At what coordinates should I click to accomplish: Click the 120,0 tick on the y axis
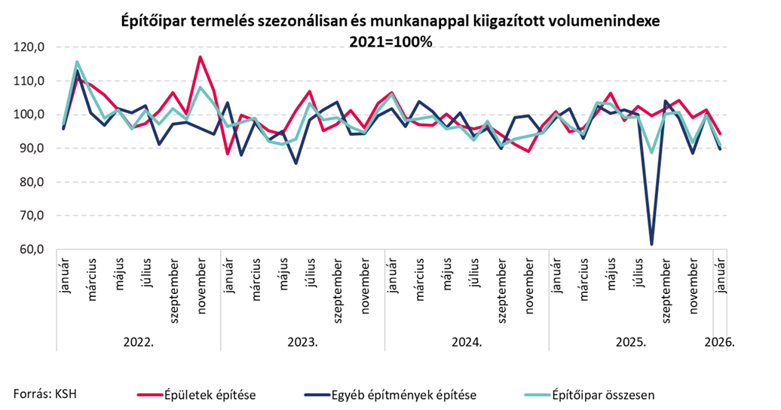[31, 47]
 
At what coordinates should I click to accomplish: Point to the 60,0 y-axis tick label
[31, 249]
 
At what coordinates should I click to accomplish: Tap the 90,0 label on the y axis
[31, 148]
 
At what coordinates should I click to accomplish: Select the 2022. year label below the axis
[138, 341]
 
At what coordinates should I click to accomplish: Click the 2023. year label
[302, 341]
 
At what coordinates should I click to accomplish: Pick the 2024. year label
[467, 341]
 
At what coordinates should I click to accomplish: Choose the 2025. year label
[631, 341]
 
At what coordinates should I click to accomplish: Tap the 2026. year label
[719, 341]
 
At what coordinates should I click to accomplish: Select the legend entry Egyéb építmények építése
[403, 393]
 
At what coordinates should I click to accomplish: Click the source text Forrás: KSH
[45, 393]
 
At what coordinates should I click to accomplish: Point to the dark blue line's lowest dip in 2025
[652, 243]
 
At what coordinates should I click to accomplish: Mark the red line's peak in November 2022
[200, 57]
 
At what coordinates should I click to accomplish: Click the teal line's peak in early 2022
[77, 62]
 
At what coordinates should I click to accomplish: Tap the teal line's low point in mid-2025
[652, 152]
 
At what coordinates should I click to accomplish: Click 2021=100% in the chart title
[390, 42]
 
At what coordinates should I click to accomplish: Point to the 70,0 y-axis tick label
[31, 216]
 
